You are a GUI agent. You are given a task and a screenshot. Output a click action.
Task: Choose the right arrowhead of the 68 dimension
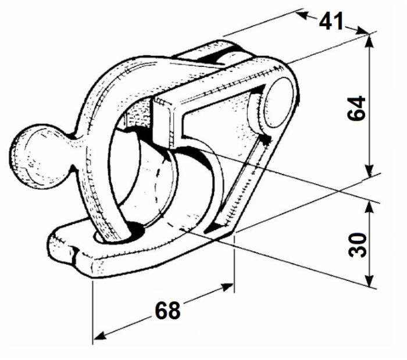(x=229, y=286)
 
